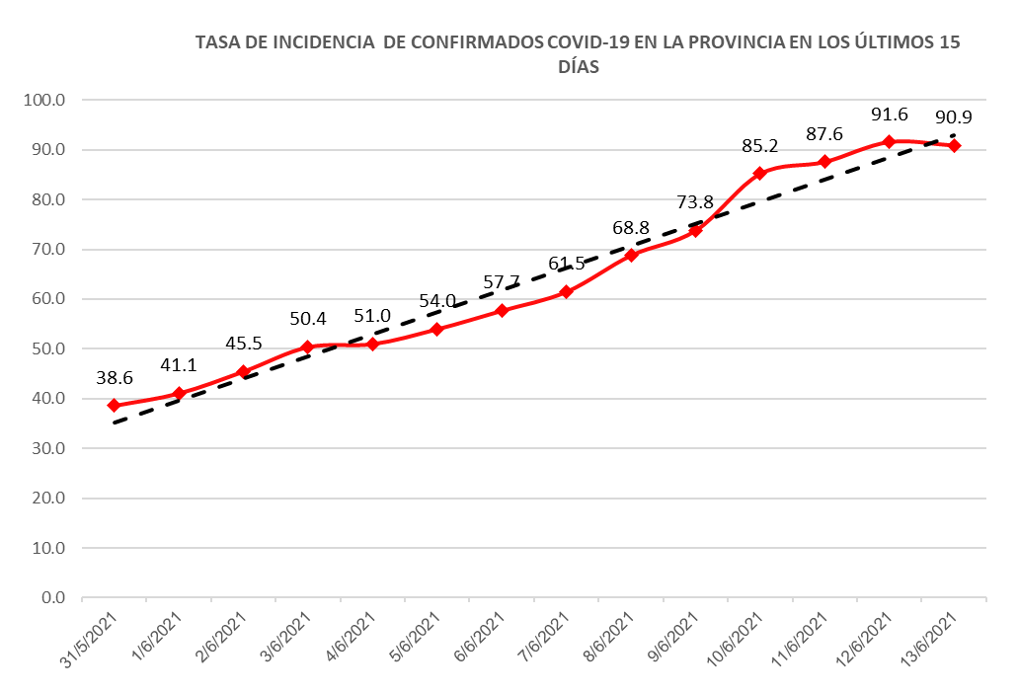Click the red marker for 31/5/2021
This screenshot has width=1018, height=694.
tap(114, 406)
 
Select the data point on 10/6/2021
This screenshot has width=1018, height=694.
tap(759, 174)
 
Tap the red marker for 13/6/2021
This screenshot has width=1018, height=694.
tap(954, 146)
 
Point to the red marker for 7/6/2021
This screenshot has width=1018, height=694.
tap(566, 292)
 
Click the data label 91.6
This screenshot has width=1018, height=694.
tap(889, 115)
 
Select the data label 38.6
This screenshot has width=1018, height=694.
tap(114, 378)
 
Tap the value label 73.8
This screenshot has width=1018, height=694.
tap(695, 202)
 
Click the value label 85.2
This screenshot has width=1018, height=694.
tap(759, 146)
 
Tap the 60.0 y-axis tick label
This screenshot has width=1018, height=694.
tap(49, 299)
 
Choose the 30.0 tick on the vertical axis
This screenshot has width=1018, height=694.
tap(49, 448)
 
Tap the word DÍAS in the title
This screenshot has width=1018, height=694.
tap(580, 67)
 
